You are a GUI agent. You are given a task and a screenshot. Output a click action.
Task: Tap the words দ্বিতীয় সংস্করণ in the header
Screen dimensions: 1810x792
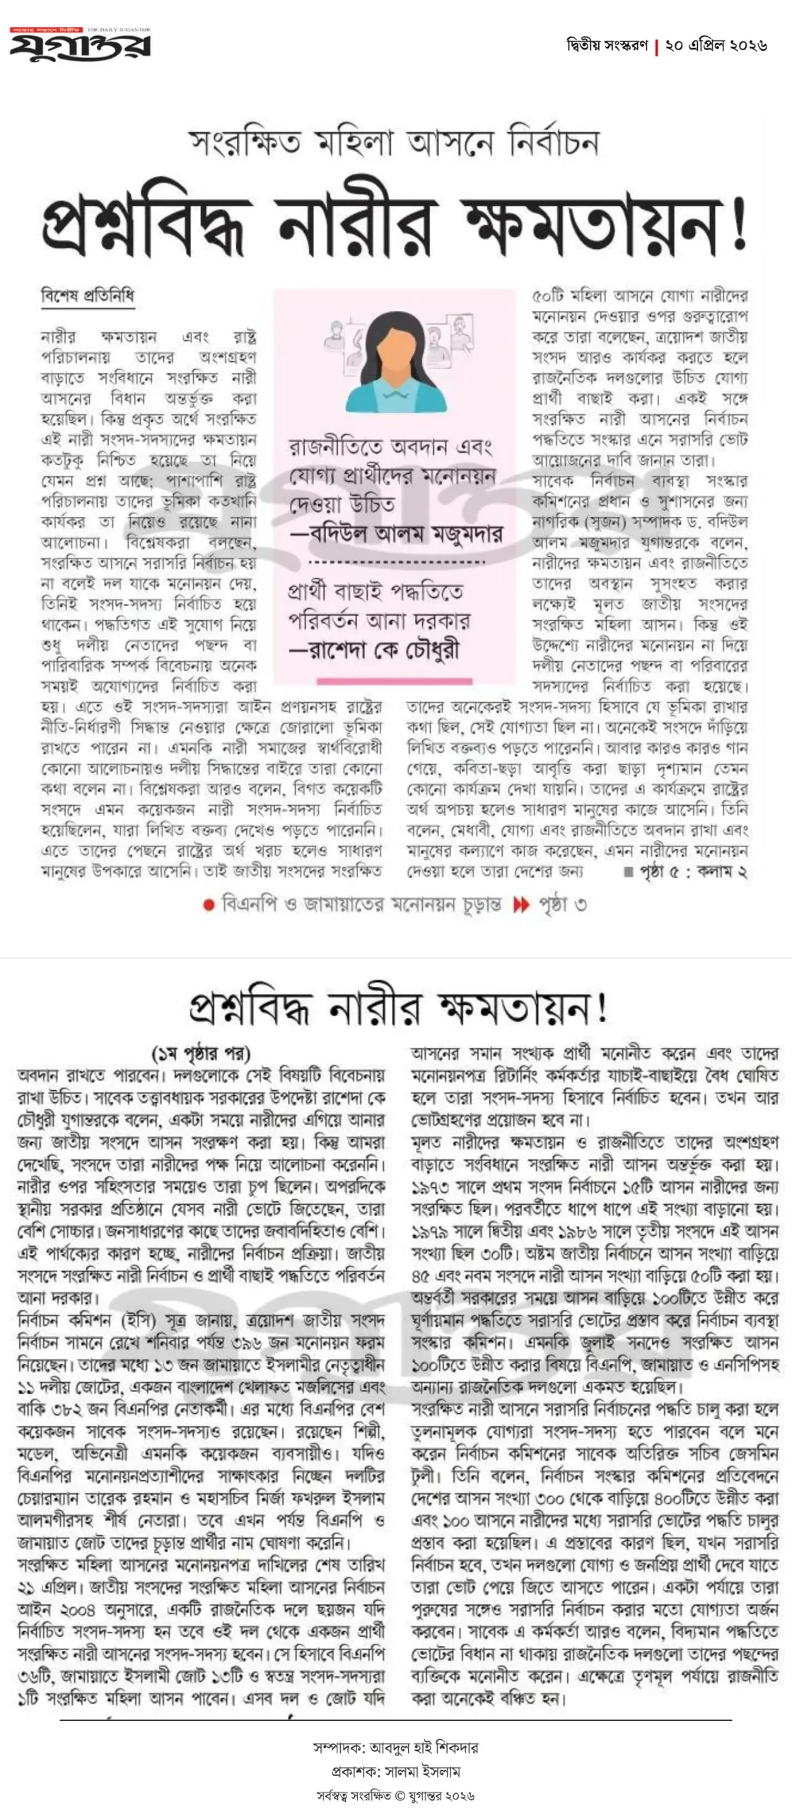(x=607, y=45)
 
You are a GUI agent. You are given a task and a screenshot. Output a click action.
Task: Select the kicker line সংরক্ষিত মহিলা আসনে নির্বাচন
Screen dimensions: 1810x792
(x=395, y=142)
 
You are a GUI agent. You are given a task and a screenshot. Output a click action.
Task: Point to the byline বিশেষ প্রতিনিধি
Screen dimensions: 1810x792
(x=87, y=296)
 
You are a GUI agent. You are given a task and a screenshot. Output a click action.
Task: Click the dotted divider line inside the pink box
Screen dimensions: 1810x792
(x=397, y=563)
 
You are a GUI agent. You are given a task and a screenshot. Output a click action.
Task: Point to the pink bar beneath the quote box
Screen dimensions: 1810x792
(x=394, y=682)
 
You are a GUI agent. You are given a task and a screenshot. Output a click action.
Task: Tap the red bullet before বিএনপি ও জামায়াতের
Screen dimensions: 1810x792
(x=209, y=905)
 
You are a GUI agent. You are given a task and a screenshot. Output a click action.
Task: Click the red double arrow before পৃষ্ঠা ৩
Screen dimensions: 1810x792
(x=521, y=904)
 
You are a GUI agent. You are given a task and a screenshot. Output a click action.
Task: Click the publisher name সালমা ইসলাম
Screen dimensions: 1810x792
(x=422, y=1772)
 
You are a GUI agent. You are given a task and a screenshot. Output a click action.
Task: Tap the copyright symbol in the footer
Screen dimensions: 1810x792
(x=400, y=1795)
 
